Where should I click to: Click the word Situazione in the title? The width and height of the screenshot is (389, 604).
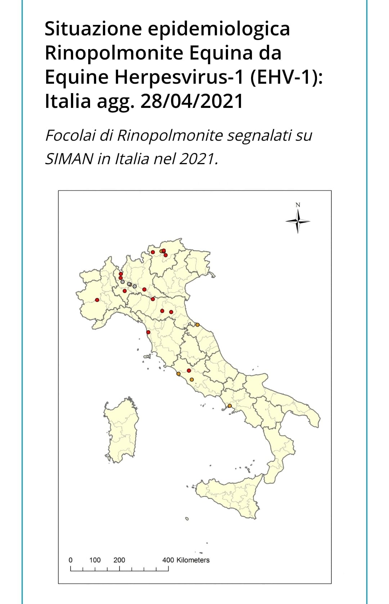93,29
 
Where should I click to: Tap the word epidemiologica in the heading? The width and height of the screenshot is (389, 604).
219,29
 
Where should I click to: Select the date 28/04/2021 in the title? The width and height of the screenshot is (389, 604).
192,101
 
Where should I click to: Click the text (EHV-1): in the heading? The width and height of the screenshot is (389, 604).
286,77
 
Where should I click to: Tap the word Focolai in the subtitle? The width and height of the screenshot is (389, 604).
70,136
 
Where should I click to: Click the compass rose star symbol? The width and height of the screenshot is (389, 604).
298,222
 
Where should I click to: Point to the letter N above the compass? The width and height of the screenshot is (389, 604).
298,205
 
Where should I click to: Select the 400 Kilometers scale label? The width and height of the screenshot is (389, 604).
186,560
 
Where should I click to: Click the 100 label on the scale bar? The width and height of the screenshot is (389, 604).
95,560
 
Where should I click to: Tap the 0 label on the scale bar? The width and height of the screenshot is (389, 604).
71,560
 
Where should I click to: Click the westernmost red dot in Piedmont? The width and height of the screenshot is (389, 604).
97,300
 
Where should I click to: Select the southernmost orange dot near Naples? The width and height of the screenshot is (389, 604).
230,406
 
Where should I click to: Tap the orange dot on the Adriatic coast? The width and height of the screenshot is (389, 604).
197,325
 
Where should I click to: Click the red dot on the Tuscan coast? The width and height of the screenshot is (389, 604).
148,332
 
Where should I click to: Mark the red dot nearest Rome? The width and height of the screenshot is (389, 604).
189,371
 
